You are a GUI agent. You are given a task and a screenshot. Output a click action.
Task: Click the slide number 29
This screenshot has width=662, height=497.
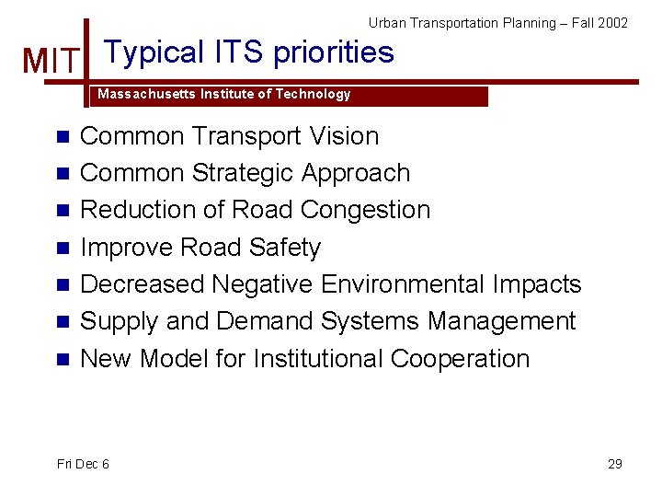[615, 464]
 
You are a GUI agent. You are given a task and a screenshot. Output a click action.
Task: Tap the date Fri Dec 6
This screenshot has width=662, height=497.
[83, 464]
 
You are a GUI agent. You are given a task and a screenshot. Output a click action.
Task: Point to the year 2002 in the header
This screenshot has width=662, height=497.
[611, 22]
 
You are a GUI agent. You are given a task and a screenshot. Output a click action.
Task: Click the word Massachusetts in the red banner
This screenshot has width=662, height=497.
[143, 95]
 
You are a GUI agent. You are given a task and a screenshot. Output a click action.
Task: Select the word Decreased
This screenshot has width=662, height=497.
[143, 284]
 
